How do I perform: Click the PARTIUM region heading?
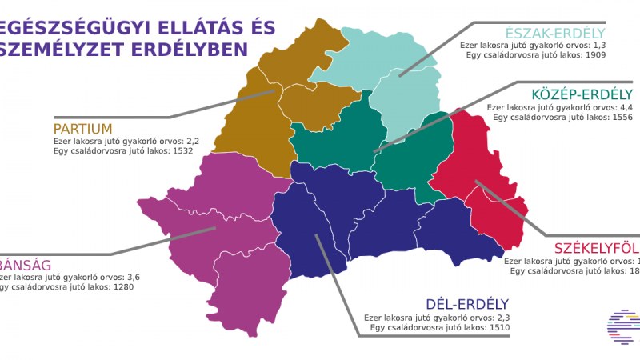coord(82,129)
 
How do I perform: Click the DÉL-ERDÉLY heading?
coord(466,304)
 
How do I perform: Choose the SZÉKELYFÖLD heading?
coord(598,246)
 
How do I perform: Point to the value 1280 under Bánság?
coord(126,287)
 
